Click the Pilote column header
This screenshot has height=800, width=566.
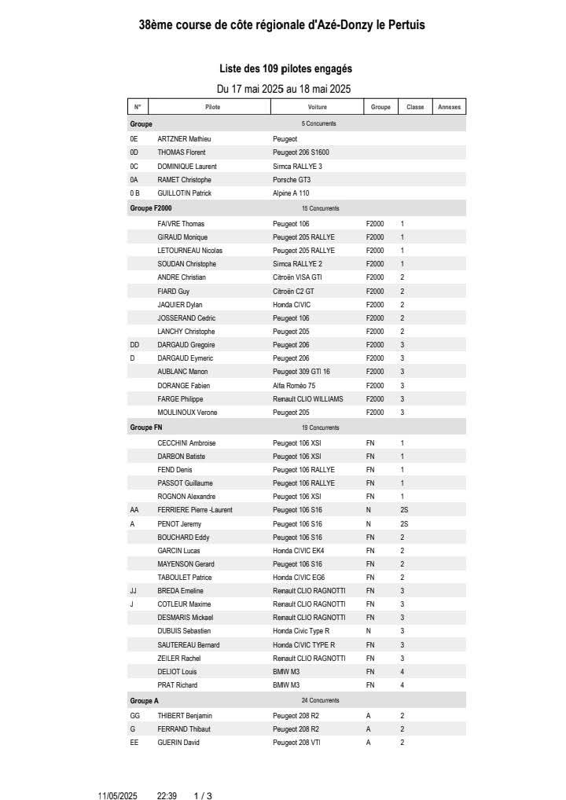click(212, 107)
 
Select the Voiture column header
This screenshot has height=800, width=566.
click(318, 107)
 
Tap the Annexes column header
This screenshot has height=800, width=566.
click(449, 107)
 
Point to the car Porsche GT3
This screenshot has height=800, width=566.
click(292, 180)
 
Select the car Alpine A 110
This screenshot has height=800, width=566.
click(291, 193)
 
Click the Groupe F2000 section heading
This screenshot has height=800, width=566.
click(151, 208)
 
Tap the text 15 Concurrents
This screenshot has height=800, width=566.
click(320, 208)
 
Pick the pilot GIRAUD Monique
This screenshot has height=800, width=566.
click(182, 237)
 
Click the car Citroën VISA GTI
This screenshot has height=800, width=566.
click(297, 277)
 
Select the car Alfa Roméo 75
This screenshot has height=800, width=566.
click(294, 386)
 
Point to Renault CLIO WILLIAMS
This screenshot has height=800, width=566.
click(307, 399)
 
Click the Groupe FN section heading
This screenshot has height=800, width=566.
click(146, 428)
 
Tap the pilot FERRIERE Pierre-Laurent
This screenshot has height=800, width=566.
click(195, 510)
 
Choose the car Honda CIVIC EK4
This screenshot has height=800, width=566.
click(298, 551)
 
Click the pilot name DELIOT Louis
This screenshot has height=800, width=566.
click(177, 672)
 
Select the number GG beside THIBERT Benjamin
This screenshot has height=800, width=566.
click(134, 716)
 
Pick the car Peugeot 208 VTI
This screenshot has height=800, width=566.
click(296, 743)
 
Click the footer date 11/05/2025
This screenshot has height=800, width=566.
click(118, 796)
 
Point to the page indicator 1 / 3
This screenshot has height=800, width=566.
click(203, 796)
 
